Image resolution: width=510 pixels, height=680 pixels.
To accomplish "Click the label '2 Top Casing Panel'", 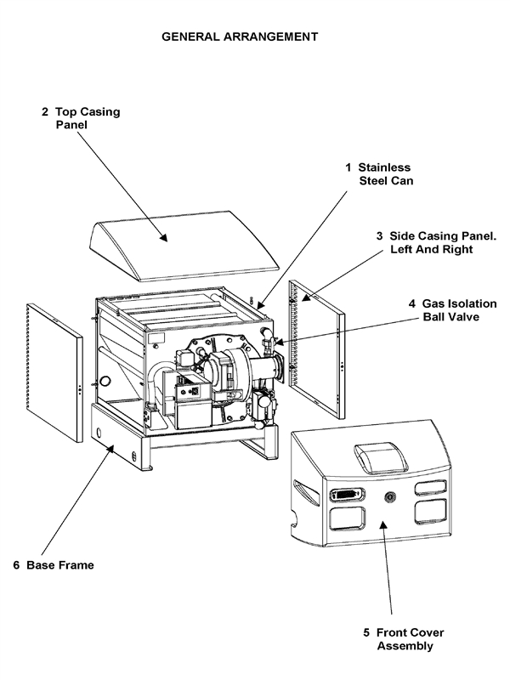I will tap(81, 117).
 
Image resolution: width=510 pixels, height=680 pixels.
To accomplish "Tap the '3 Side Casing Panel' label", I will tap(436, 242).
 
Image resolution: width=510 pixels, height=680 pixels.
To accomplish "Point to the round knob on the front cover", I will tap(390, 496).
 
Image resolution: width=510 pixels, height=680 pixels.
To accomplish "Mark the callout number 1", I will tap(348, 167).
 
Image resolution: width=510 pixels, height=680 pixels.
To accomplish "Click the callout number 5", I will tap(366, 632).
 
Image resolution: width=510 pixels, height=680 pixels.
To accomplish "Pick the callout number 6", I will tap(17, 564).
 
